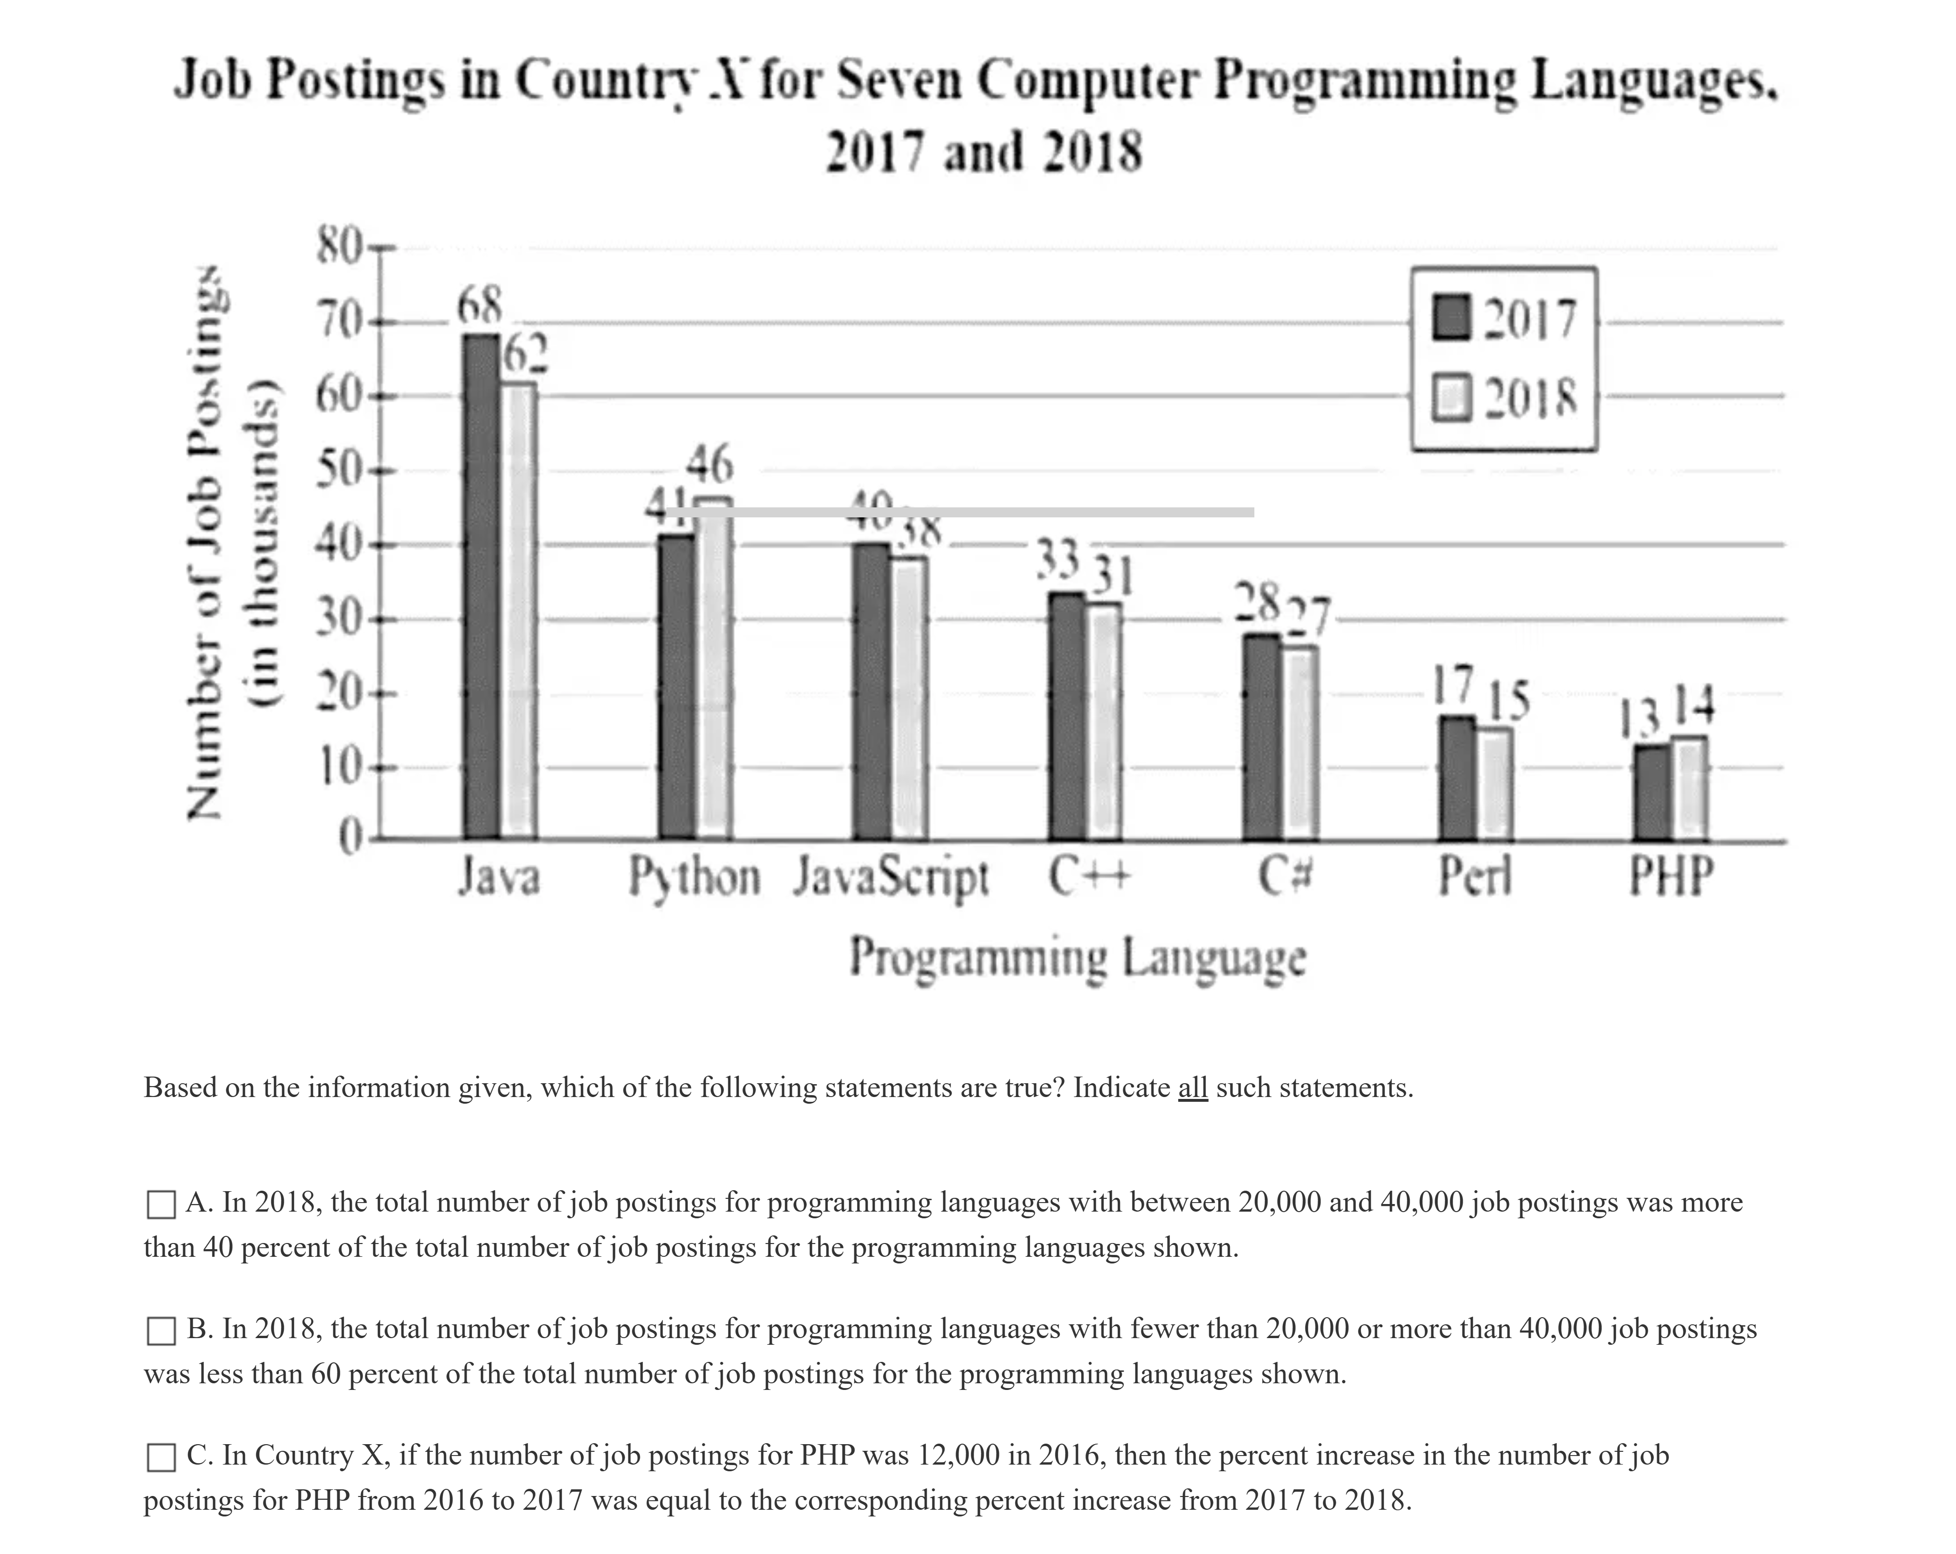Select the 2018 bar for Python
[715, 671]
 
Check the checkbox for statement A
[161, 1205]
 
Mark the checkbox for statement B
[161, 1331]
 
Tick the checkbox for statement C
[161, 1457]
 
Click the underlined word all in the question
[1192, 1087]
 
